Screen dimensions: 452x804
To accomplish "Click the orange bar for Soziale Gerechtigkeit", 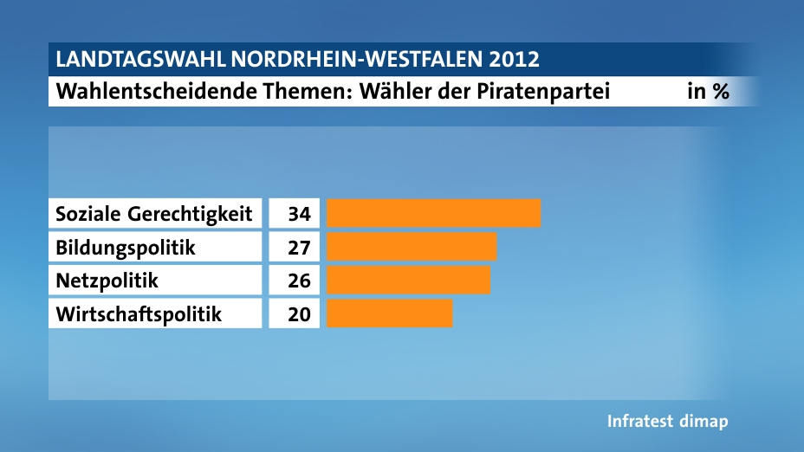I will pyautogui.click(x=433, y=213).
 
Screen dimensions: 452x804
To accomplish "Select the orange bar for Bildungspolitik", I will pyautogui.click(x=412, y=248).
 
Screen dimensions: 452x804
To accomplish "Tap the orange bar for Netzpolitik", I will pyautogui.click(x=408, y=281).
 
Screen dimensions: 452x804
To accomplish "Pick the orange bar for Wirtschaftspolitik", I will pyautogui.click(x=390, y=313).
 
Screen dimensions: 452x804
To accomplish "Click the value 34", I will pyautogui.click(x=298, y=213).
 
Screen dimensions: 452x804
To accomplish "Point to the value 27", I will pyautogui.click(x=298, y=248).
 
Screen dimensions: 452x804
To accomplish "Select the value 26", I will pyautogui.click(x=298, y=281).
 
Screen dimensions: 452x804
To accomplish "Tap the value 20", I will pyautogui.click(x=298, y=313).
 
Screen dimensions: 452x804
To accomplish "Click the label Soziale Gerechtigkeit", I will pyautogui.click(x=153, y=213).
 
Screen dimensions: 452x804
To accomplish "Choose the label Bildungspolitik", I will pyautogui.click(x=126, y=248).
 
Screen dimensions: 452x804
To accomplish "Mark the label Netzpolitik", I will pyautogui.click(x=107, y=281).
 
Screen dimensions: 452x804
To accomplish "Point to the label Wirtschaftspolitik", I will pyautogui.click(x=139, y=313).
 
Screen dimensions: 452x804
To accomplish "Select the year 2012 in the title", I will pyautogui.click(x=512, y=60).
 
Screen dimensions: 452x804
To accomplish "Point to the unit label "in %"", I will pyautogui.click(x=708, y=91).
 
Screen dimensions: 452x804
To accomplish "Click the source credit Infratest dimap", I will pyautogui.click(x=667, y=422).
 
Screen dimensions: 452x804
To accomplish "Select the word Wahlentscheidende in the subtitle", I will pyautogui.click(x=151, y=91).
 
